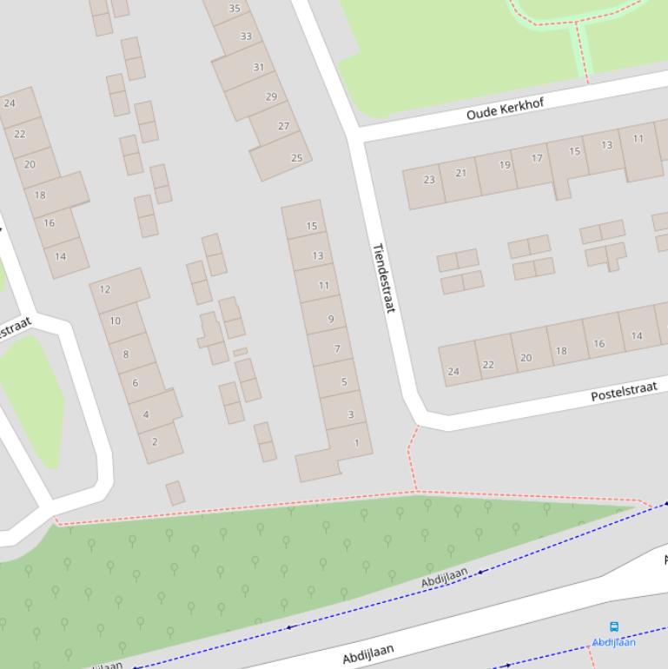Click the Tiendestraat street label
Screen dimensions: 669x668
(384, 277)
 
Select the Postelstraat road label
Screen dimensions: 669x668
(624, 391)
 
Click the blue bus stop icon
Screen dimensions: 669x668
(614, 626)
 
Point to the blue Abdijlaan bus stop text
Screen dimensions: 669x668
(614, 642)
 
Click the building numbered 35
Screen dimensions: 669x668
(235, 9)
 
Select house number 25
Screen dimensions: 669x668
(296, 158)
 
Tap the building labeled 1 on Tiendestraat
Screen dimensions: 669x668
(356, 443)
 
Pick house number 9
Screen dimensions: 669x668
(330, 319)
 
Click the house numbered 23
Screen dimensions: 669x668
(429, 180)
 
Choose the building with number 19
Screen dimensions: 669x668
(505, 165)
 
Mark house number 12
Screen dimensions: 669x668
(105, 289)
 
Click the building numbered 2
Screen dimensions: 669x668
(155, 441)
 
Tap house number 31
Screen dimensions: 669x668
(258, 68)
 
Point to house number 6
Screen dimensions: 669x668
(135, 382)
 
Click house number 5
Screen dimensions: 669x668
(344, 381)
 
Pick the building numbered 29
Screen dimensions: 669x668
(271, 97)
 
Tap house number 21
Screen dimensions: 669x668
(460, 173)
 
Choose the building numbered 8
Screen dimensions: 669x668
(125, 354)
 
